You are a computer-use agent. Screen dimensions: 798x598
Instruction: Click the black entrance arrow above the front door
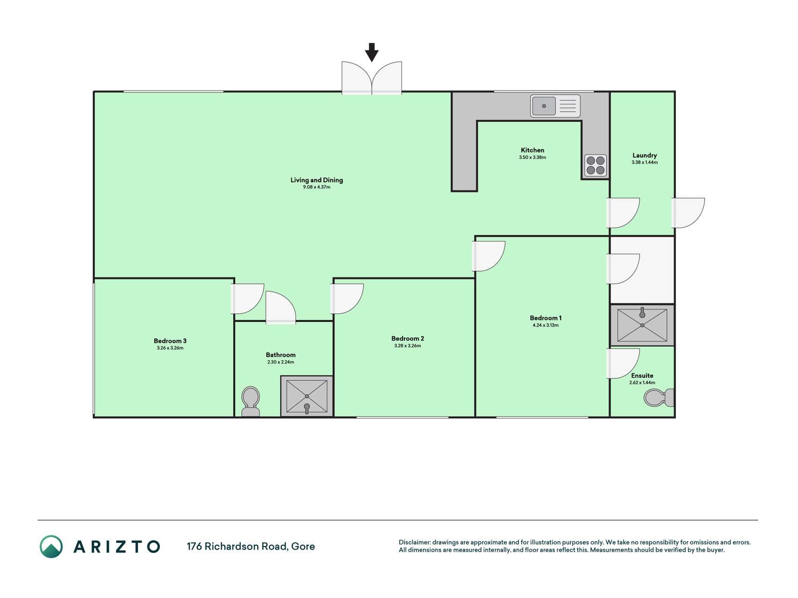372,52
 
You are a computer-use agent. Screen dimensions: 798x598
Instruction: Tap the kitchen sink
555,106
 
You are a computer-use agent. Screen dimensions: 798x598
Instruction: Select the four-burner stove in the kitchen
596,165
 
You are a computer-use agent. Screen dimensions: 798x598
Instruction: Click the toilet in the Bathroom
251,402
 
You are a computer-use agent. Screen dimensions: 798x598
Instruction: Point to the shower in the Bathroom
307,396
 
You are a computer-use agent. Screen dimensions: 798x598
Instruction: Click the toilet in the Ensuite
659,398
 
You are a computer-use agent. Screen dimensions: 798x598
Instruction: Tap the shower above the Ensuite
642,325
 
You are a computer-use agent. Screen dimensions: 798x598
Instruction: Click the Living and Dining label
316,180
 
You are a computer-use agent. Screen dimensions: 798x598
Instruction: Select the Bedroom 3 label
170,341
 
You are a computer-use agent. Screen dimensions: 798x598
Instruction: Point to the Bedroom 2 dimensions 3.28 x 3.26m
408,346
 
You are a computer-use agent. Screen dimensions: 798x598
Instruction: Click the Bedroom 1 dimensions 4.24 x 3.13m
546,325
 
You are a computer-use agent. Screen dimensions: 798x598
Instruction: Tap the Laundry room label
645,155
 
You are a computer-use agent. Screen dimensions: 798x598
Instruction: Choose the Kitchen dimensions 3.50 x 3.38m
532,157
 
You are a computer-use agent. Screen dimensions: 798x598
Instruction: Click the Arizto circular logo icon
51,547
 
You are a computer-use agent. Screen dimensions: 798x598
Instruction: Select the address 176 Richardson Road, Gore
251,546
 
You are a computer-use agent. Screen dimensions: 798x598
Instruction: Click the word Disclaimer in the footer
414,542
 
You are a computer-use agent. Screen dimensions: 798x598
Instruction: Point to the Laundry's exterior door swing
688,213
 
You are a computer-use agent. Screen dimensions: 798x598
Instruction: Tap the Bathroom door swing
280,307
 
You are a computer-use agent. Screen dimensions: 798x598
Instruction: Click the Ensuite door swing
623,363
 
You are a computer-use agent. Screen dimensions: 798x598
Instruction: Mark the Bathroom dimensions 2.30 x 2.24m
280,362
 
